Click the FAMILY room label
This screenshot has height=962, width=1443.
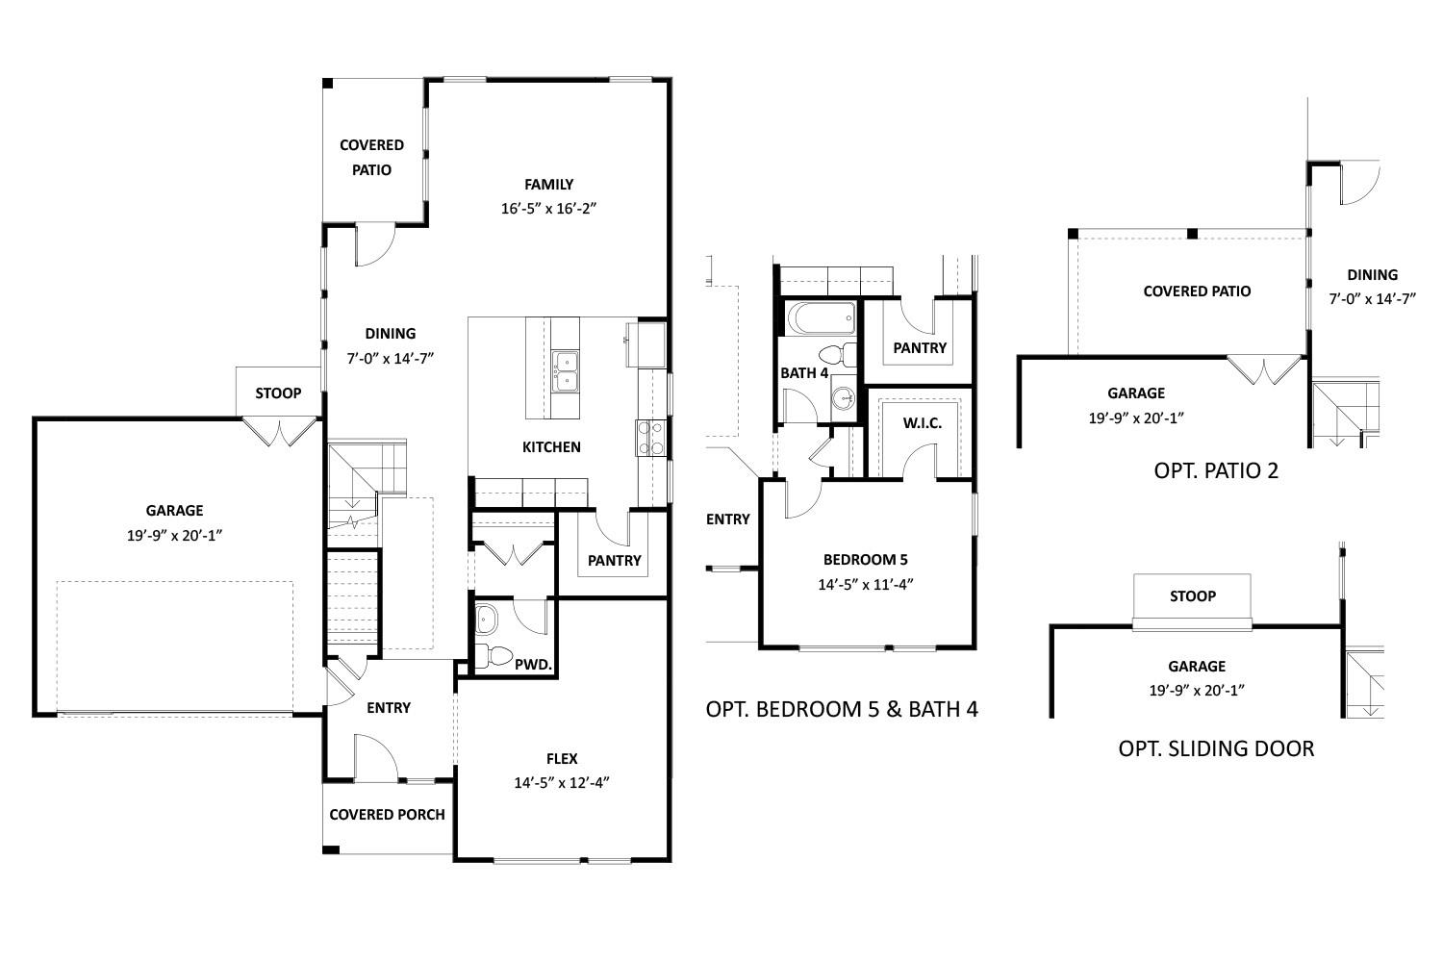coord(548,184)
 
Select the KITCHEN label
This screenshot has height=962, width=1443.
coord(551,446)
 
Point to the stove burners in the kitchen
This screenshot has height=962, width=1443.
coord(650,437)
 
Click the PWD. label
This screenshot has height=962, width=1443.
coord(532,664)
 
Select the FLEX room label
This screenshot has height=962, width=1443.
coord(562,759)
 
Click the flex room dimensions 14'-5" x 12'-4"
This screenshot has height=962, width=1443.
coord(562,783)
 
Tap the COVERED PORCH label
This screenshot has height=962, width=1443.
coord(387,814)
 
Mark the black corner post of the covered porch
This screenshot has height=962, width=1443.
coord(330,849)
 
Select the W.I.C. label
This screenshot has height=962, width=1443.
coord(922,423)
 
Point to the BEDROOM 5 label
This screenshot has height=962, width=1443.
coord(865,559)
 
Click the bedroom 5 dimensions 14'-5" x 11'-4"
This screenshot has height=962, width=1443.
coord(865,583)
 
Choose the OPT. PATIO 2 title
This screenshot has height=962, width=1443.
coord(1215,470)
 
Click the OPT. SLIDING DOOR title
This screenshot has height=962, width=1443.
coord(1216,747)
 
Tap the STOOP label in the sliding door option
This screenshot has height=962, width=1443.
coord(1192,595)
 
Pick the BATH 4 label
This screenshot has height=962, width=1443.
coord(804,372)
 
